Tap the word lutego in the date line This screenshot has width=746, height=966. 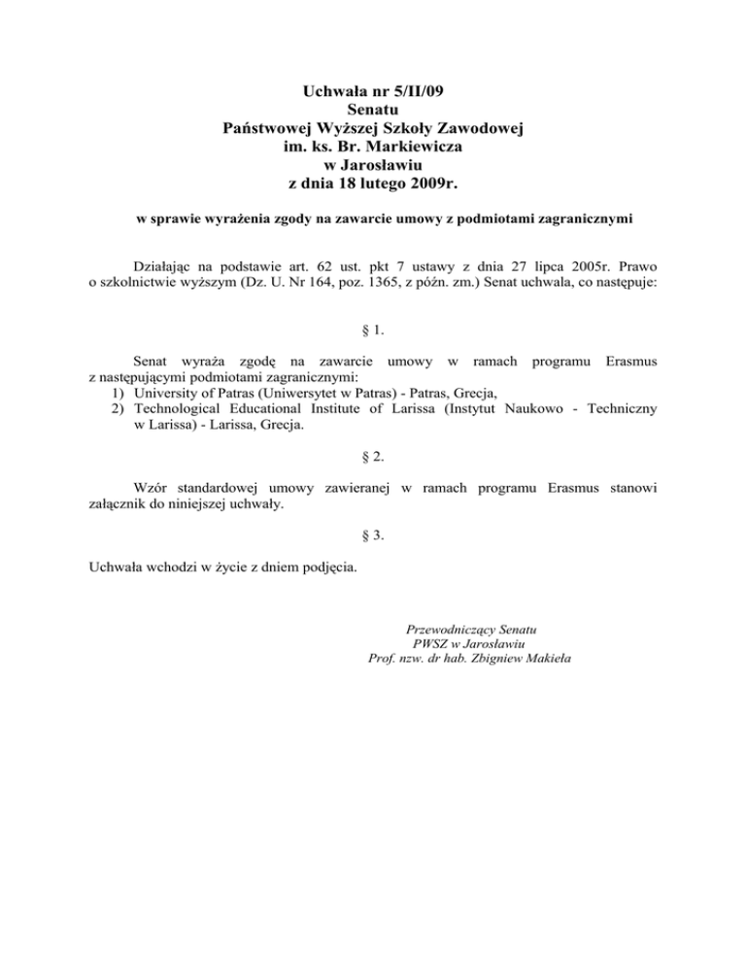click(x=395, y=182)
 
